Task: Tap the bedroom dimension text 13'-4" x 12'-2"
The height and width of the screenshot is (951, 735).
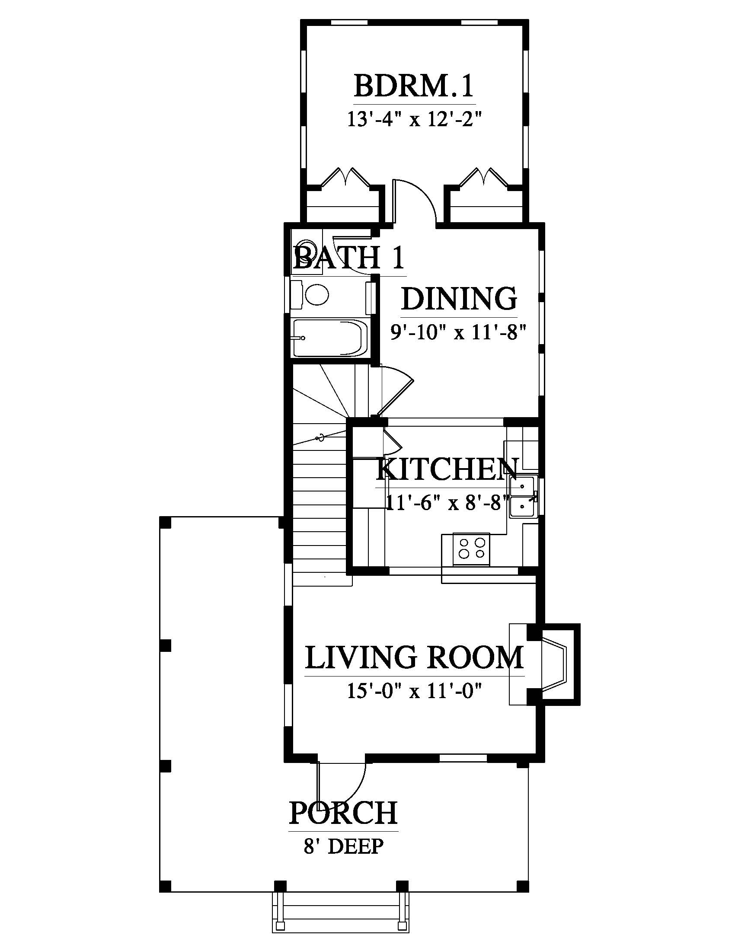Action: point(415,119)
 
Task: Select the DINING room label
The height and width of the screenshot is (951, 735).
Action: point(459,299)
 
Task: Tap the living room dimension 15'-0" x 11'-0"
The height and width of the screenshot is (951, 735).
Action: point(415,691)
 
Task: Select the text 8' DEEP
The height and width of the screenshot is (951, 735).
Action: point(344,846)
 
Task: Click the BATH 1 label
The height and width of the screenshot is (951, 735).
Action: point(349,257)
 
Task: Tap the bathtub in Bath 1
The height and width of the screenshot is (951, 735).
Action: point(330,338)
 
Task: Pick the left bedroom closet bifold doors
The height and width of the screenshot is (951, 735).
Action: point(346,177)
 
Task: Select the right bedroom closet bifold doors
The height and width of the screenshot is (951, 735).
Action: point(484,177)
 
